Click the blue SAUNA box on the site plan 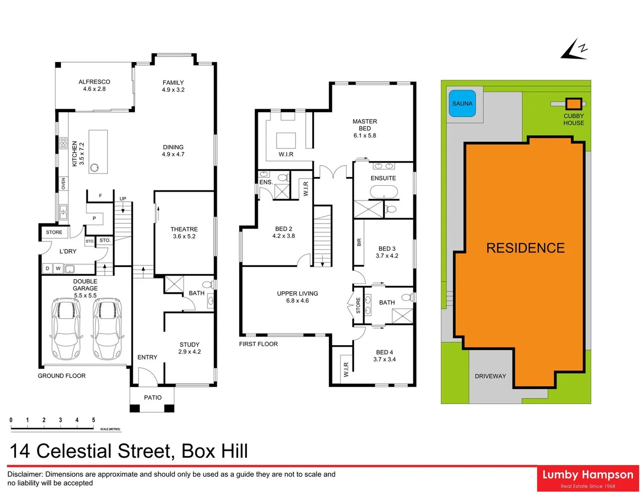coord(462,103)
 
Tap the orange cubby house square coord(573,104)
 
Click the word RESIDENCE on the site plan coord(525,248)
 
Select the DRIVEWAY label coord(490,376)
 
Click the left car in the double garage coord(66,328)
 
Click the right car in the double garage coord(108,328)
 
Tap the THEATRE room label coord(184,229)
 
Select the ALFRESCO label coord(94,82)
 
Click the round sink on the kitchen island coord(95,168)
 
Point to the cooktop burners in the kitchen coord(63,143)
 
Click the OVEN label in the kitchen coord(64,184)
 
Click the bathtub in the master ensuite coord(384,192)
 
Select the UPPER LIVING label coord(297,294)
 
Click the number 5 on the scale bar coord(93,420)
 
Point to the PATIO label coord(153,398)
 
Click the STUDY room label coord(189,345)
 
